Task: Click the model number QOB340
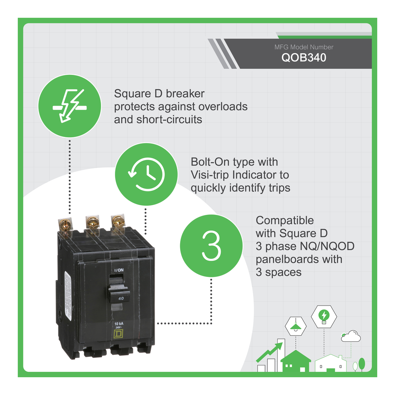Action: click(303, 58)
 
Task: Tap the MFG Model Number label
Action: click(304, 47)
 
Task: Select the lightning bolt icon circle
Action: click(69, 106)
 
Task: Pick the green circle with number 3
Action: click(211, 246)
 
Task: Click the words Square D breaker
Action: click(159, 93)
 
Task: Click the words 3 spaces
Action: click(279, 272)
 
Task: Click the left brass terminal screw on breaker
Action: click(65, 225)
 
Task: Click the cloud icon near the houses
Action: click(351, 337)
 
